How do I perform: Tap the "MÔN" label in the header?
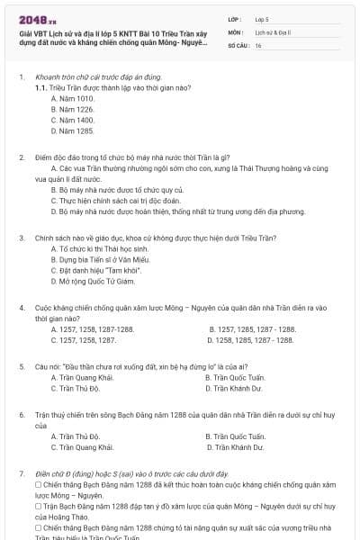[x=235, y=31]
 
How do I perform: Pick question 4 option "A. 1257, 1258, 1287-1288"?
[x=93, y=329]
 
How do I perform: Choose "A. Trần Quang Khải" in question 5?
[x=82, y=378]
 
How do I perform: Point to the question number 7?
[x=22, y=473]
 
